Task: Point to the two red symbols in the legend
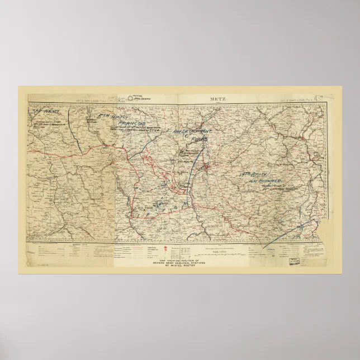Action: (169, 250)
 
